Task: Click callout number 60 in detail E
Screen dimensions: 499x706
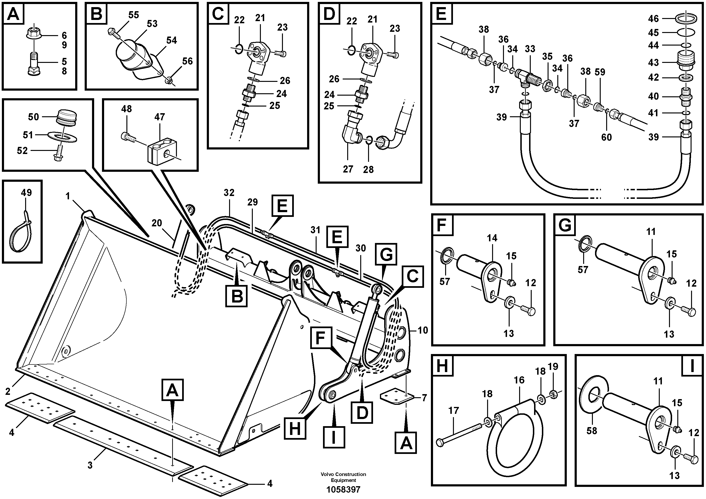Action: (606, 137)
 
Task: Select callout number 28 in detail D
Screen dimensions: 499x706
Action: (368, 169)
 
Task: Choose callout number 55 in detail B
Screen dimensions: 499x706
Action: (134, 15)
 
